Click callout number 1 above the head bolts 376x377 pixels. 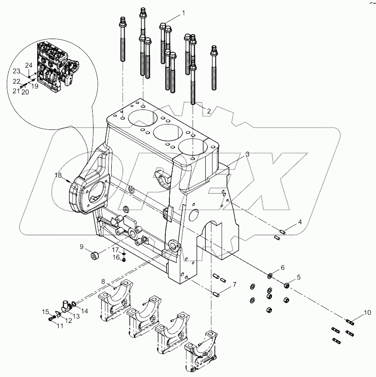pos(184,13)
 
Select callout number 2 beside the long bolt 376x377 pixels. pos(208,111)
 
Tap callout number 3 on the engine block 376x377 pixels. pos(247,154)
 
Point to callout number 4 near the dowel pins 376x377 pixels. pos(300,222)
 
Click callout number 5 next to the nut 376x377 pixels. pos(298,277)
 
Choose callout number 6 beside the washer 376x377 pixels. pos(282,268)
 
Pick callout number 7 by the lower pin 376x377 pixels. pos(234,285)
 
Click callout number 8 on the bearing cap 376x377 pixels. pos(103,282)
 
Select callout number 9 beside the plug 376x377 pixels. pos(82,247)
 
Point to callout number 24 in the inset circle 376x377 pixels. pos(29,64)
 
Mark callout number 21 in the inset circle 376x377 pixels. pos(16,91)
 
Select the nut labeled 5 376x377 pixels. pos(287,285)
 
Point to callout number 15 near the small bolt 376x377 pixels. pos(46,312)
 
